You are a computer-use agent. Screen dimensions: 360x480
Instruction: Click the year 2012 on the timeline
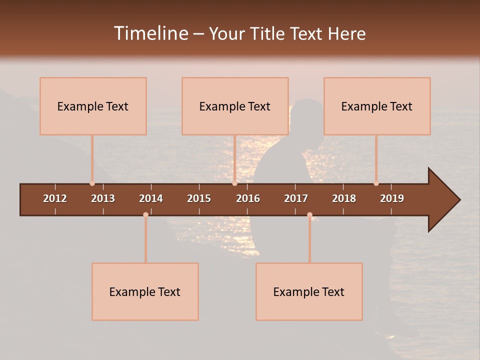point(55,198)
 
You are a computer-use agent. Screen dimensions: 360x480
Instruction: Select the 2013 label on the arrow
point(103,198)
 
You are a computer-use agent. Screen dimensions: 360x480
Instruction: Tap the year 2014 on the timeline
point(151,198)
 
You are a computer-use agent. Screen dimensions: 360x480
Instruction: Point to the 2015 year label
point(199,198)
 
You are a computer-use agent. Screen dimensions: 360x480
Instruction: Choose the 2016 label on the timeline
point(248,198)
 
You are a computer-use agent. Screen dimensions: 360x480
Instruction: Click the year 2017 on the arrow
point(296,198)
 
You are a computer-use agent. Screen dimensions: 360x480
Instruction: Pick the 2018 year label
point(344,198)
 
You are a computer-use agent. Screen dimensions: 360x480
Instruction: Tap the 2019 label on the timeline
point(392,198)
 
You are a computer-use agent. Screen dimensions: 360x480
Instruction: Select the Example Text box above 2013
point(93,106)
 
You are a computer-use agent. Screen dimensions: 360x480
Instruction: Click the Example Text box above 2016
point(235,106)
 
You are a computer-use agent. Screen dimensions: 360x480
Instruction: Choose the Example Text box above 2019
point(377,106)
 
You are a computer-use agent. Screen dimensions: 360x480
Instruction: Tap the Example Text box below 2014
point(145,291)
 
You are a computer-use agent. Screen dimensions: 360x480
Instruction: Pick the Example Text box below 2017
point(309,291)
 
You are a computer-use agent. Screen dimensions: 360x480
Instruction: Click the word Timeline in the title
point(150,33)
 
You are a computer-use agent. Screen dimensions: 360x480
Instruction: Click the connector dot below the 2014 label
point(145,214)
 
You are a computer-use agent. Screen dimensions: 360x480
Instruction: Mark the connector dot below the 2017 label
point(309,214)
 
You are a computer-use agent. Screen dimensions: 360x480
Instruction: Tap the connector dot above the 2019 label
point(376,183)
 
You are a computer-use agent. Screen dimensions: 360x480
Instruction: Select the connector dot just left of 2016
point(234,183)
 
